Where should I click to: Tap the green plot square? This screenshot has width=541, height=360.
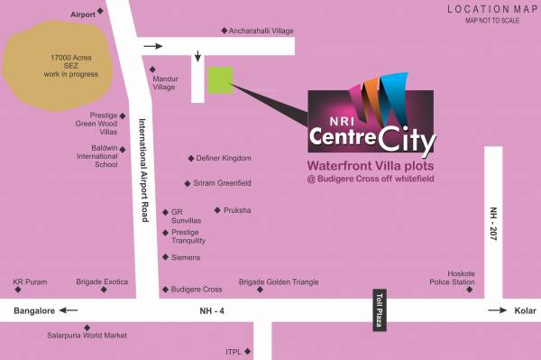pyautogui.click(x=220, y=79)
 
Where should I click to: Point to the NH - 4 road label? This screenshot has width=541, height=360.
pyautogui.click(x=212, y=311)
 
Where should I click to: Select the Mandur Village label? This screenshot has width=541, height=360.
pyautogui.click(x=164, y=83)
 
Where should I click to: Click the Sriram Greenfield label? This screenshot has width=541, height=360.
pyautogui.click(x=223, y=183)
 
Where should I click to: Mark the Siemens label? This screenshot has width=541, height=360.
pyautogui.click(x=186, y=257)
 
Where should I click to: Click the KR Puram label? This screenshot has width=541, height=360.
pyautogui.click(x=29, y=282)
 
